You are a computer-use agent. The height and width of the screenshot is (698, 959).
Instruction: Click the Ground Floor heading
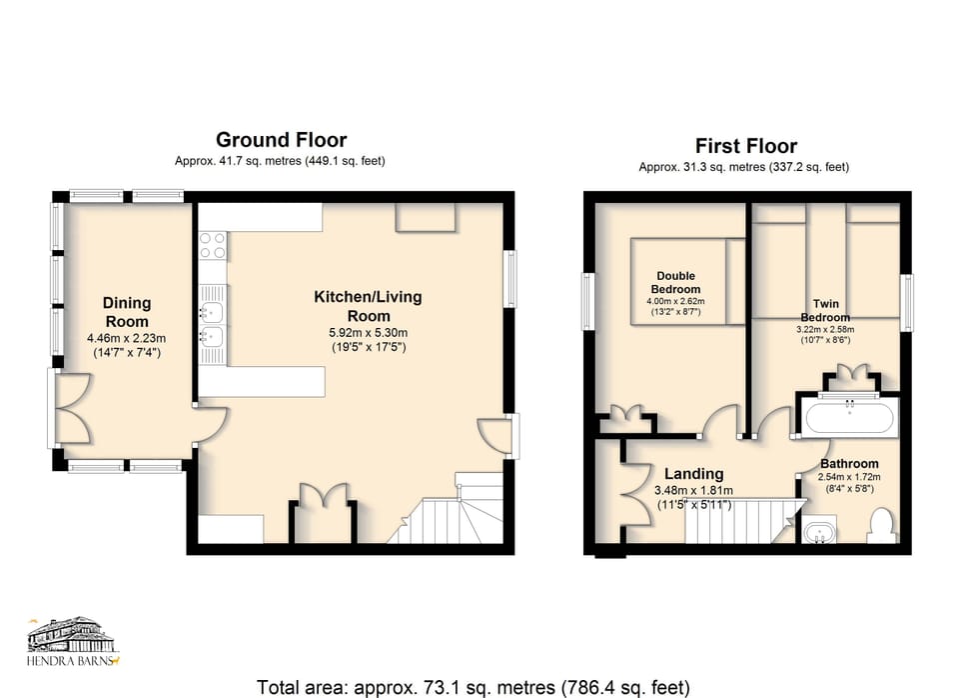click(x=281, y=140)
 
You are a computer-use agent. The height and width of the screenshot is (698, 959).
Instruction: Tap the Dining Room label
click(x=127, y=311)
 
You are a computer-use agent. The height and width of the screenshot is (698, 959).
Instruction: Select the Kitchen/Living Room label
click(x=368, y=306)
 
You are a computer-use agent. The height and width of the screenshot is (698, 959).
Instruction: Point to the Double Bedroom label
click(x=676, y=282)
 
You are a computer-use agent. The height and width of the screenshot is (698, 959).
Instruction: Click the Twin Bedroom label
click(x=825, y=310)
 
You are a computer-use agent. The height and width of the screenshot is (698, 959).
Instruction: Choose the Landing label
click(x=694, y=474)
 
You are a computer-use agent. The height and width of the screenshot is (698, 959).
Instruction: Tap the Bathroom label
click(x=849, y=464)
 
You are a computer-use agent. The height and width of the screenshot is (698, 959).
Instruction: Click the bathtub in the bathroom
click(x=850, y=417)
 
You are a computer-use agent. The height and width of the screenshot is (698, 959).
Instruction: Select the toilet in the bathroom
click(x=881, y=525)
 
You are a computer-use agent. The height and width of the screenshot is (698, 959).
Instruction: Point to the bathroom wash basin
click(x=821, y=531)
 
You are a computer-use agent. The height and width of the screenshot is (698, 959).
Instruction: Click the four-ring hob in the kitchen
click(x=213, y=245)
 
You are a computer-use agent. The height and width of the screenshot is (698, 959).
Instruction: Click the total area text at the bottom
click(x=473, y=687)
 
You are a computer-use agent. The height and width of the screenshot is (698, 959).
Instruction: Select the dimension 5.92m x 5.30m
click(x=368, y=333)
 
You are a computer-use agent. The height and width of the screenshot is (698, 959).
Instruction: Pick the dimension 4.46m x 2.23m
click(x=127, y=338)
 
